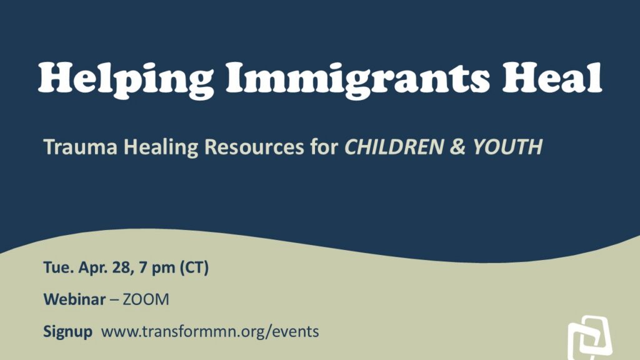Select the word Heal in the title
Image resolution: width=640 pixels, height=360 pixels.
tap(552, 77)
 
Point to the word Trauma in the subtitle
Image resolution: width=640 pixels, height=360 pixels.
tap(81, 146)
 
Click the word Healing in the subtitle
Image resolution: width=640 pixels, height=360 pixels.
tap(161, 147)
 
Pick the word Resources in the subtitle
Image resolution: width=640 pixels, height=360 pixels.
tap(254, 146)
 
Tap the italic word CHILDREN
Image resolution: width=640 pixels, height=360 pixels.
tap(394, 146)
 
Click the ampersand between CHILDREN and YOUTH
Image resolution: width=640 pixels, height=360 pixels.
tap(458, 147)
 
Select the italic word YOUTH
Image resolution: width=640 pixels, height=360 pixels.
tap(507, 146)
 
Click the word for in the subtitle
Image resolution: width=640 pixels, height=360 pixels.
tap(324, 146)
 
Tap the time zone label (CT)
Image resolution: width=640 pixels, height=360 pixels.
tap(194, 268)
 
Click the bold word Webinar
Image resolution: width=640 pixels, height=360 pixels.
tap(74, 299)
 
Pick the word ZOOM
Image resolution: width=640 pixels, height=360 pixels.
tap(146, 300)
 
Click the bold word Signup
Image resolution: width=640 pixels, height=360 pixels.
tap(67, 332)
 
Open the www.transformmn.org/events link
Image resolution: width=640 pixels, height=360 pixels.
tap(210, 331)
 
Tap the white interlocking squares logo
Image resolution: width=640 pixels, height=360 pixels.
tap(589, 337)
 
